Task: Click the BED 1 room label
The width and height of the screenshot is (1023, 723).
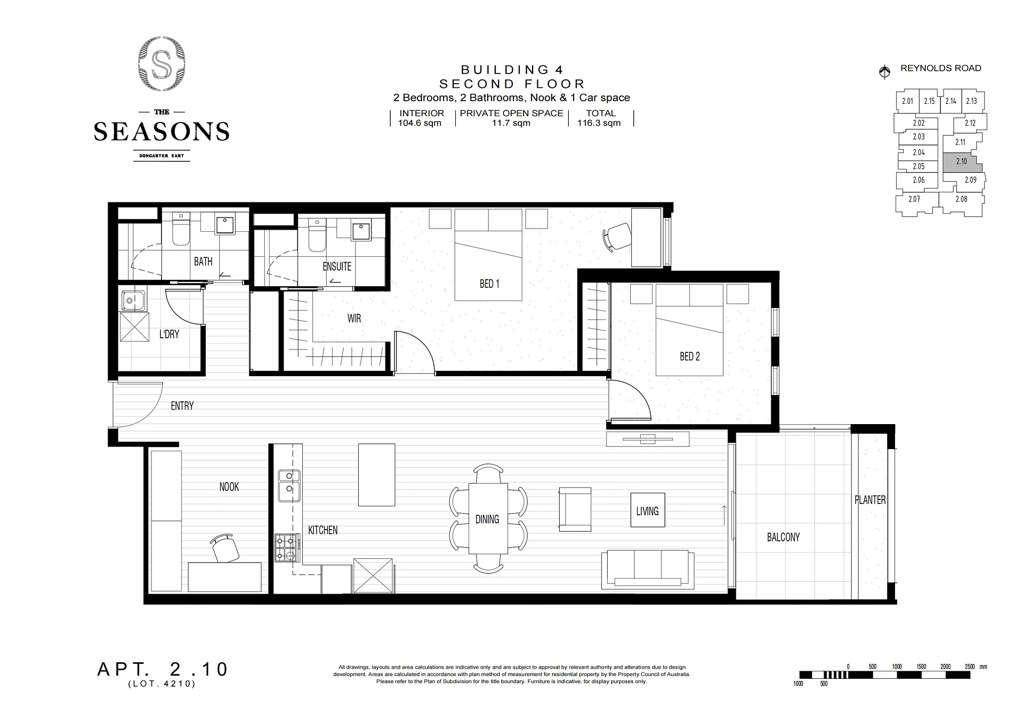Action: click(x=489, y=284)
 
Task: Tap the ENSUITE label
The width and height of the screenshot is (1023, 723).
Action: click(x=337, y=266)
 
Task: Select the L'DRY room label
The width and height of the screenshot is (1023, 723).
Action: click(x=169, y=334)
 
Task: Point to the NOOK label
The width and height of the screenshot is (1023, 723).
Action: click(x=229, y=486)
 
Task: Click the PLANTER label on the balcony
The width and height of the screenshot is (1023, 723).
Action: click(x=870, y=500)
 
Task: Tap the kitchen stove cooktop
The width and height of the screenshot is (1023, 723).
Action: click(x=286, y=548)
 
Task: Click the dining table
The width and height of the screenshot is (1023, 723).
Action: click(x=488, y=518)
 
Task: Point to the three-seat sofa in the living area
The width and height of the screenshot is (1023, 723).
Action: click(x=648, y=570)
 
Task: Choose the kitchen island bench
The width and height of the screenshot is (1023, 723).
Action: click(x=376, y=475)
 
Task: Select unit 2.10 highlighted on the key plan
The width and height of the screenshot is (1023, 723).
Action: click(x=962, y=162)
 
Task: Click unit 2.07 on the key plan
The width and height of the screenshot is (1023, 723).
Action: click(x=914, y=199)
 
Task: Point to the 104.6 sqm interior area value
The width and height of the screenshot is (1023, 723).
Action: click(x=420, y=123)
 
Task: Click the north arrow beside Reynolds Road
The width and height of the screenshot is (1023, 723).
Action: click(x=884, y=71)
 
